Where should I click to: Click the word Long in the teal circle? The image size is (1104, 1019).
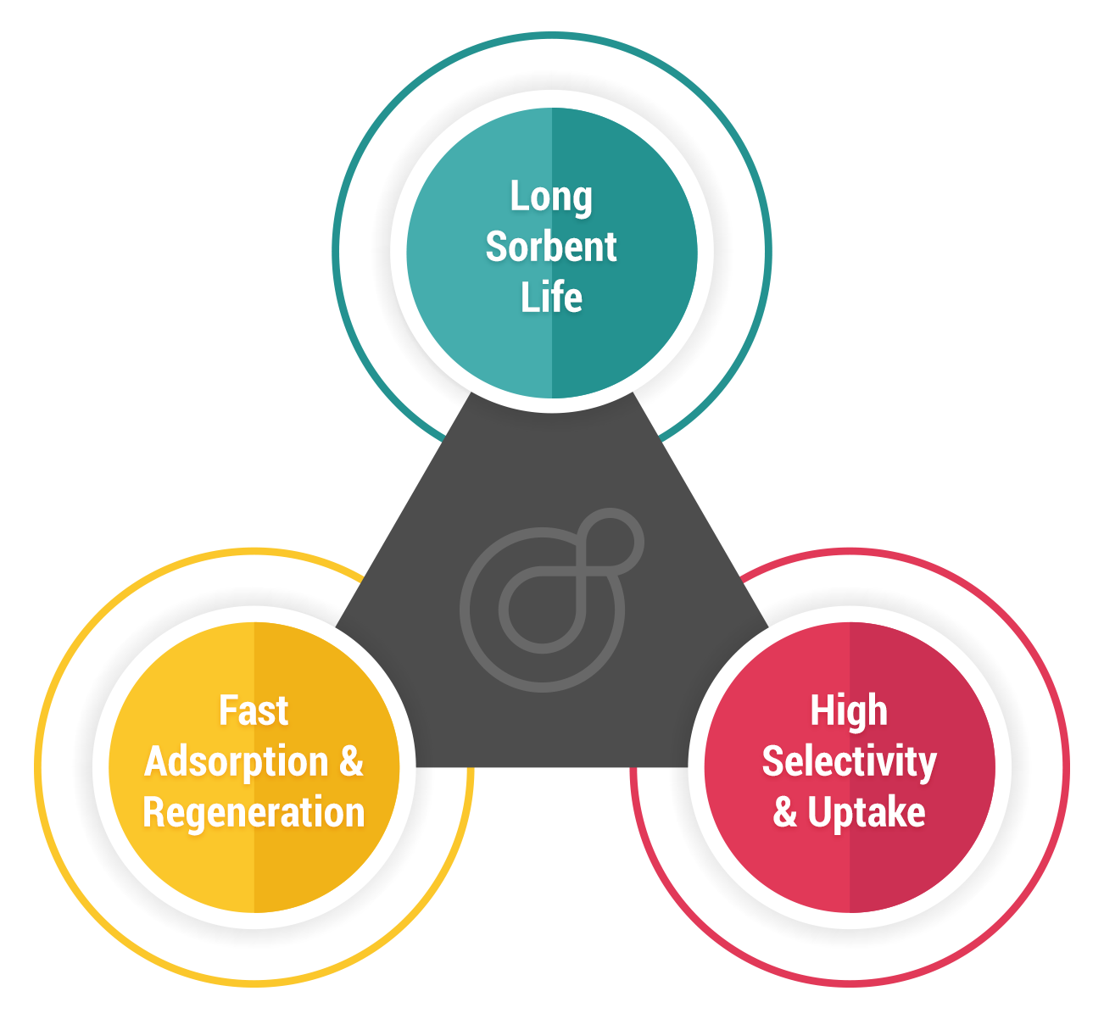tap(551, 198)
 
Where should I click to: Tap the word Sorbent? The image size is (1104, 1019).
tap(551, 247)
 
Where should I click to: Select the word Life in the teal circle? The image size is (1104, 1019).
tap(551, 298)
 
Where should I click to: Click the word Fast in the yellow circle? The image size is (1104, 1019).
tap(254, 710)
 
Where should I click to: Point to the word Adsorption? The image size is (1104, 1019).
tap(236, 762)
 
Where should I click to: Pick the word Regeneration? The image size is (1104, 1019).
tap(254, 812)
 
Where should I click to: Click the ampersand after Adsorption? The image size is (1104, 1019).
tap(351, 761)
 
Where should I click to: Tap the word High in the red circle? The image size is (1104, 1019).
tap(849, 710)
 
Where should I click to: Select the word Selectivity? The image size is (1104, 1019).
tap(849, 761)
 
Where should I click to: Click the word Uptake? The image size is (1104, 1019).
tap(866, 812)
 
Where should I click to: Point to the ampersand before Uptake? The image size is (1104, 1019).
tap(785, 812)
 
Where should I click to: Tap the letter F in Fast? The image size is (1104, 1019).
tap(226, 710)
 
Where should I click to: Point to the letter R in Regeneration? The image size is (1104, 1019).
tap(154, 812)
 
